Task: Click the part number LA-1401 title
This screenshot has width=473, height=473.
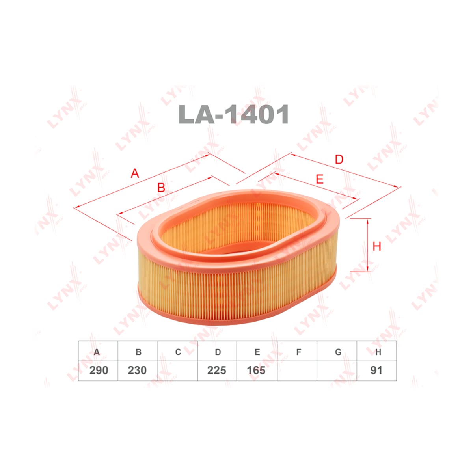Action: pos(233,114)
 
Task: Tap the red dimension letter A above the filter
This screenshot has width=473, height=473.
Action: pos(135,173)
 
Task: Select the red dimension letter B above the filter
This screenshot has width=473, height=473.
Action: pos(161,188)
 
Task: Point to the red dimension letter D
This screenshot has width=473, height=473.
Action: pos(339,160)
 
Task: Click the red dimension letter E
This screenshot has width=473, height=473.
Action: pos(319,179)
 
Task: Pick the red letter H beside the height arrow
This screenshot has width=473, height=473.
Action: pos(376,246)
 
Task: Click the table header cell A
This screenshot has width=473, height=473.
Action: pos(98,352)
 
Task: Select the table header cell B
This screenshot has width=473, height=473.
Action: pos(138,352)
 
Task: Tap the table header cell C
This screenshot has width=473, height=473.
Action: pos(178,352)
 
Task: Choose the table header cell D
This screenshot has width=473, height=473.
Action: pos(217,352)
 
